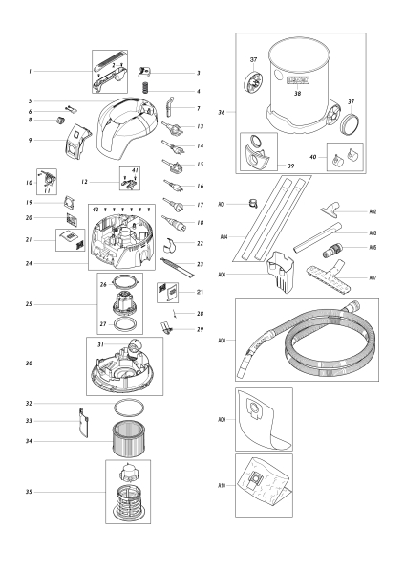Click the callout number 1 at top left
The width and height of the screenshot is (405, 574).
coord(31,72)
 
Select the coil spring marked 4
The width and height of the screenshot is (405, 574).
coord(146,89)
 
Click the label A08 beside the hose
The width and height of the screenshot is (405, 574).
coord(222,341)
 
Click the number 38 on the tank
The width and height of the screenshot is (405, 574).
coord(296,95)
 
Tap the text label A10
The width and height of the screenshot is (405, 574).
coord(222,486)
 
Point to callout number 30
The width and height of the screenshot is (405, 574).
coord(31,364)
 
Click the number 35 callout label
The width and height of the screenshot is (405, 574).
coord(31,492)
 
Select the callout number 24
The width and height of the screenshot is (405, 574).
coord(31,263)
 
